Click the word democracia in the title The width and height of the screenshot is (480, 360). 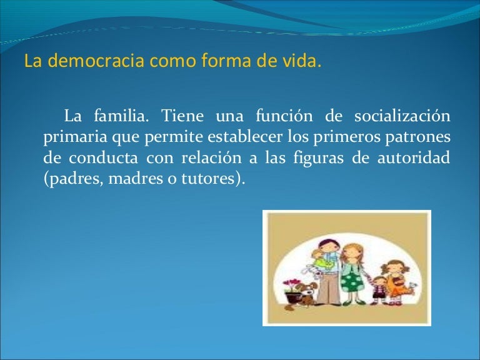tap(96, 60)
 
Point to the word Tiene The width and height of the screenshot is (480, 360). tap(182, 116)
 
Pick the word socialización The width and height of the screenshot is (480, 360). tap(402, 116)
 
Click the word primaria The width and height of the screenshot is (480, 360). tap(75, 137)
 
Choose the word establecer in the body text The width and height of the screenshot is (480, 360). tap(245, 136)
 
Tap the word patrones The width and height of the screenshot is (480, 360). tap(417, 137)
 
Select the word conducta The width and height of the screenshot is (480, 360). tap(103, 158)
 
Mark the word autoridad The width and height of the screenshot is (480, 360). tap(414, 158)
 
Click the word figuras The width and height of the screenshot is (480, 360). tap(318, 159)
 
